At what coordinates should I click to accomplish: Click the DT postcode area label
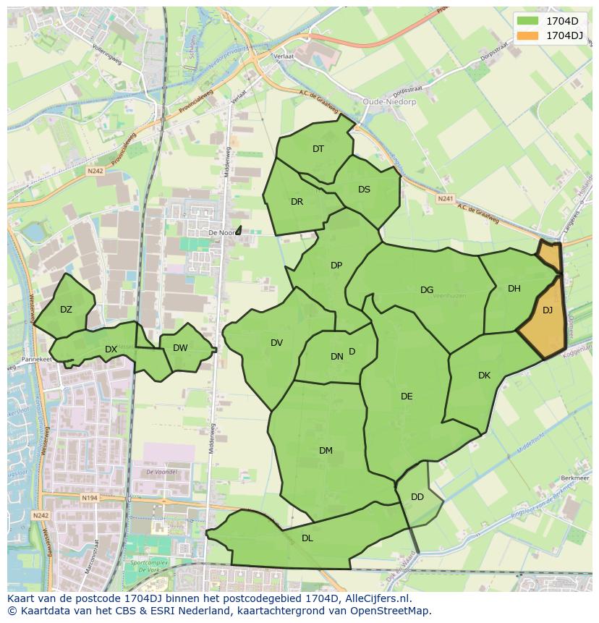[x=318, y=149]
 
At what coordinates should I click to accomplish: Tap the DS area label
[x=364, y=190]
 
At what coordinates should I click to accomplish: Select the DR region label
[x=297, y=202]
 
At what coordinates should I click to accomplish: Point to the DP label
[x=336, y=266]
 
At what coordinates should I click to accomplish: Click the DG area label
[x=427, y=290]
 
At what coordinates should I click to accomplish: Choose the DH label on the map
[x=514, y=289]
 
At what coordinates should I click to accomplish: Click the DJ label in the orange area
[x=548, y=310]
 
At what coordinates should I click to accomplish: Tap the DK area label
[x=484, y=376]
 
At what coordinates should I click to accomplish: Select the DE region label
[x=407, y=397]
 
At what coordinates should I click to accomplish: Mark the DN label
[x=337, y=357]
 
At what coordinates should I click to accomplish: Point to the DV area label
[x=276, y=343]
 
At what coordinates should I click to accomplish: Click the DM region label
[x=326, y=451]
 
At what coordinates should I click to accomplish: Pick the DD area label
[x=417, y=497]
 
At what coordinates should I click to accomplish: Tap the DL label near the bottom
[x=307, y=538]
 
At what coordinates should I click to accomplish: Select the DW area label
[x=180, y=348]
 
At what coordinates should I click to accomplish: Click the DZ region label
[x=66, y=310]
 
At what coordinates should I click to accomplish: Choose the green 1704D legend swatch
[x=528, y=20]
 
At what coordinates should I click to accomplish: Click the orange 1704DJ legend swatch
[x=528, y=35]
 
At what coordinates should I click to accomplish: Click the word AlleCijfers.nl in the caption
[x=377, y=598]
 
